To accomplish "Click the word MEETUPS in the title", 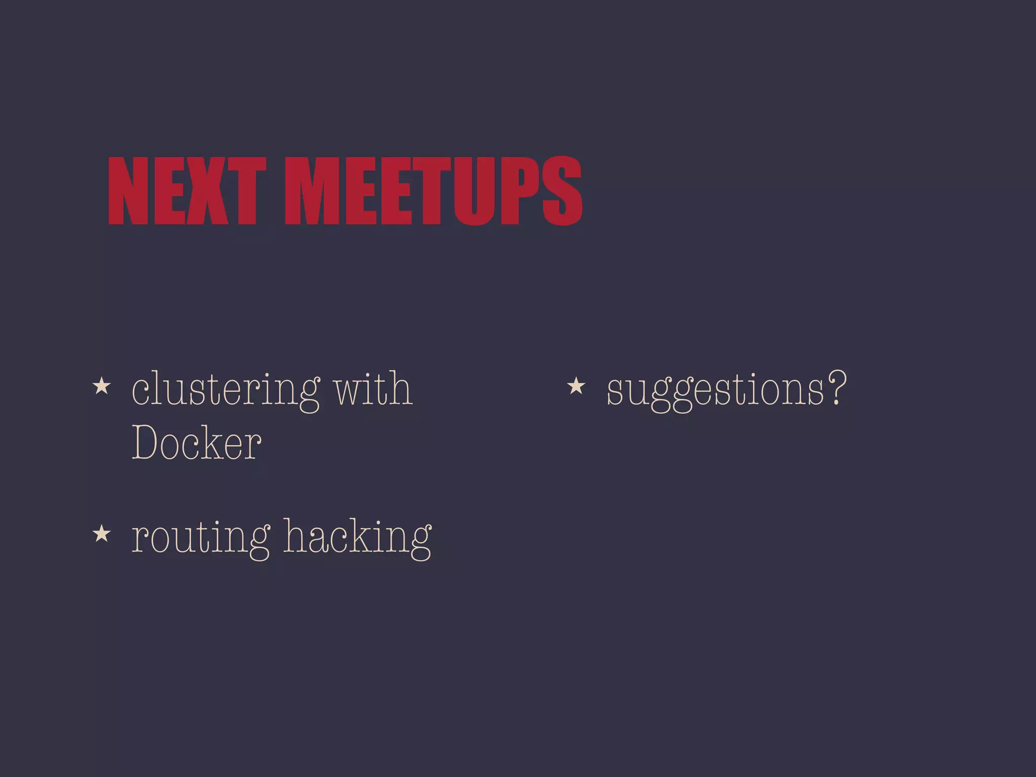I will pos(434,191).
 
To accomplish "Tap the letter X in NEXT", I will pos(207,191).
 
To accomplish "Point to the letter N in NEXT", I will pos(128,191).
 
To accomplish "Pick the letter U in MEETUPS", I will pos(473,191).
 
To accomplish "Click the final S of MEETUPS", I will pos(563,191).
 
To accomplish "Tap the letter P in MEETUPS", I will pos(520,191).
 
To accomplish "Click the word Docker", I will pos(196,443).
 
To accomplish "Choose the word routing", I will pos(200,538).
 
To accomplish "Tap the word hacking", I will pos(357,537).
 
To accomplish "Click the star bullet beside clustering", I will pos(102,386).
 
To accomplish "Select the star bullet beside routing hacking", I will pos(102,533).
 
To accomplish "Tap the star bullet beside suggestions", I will pos(576,386).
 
